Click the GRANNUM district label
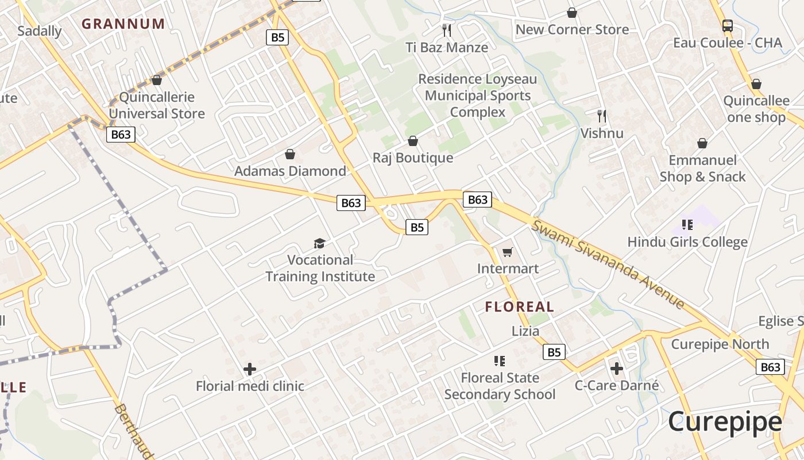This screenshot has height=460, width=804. point(123,24)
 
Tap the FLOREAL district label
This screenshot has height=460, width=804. point(520,306)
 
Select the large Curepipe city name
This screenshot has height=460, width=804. point(725,421)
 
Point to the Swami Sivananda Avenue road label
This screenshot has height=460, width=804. point(607,264)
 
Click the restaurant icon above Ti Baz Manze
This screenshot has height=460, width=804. point(447,30)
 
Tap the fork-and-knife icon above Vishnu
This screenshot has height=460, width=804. point(602,116)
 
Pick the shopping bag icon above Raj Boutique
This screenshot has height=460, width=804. point(412,141)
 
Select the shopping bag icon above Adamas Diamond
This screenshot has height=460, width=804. point(290,154)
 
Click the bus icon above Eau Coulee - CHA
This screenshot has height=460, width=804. point(727,26)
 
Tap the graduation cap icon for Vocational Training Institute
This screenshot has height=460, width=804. point(319,243)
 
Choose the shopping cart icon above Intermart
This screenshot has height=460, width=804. point(507,252)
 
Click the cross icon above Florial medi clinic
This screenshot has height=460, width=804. point(250,369)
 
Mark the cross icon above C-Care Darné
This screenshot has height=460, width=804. point(617,368)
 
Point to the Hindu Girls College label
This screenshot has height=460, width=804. point(687,242)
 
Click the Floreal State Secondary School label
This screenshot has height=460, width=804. point(500,386)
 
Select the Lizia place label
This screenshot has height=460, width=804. point(525,331)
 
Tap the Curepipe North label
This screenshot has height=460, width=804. point(720,344)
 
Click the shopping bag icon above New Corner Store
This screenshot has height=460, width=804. point(572,13)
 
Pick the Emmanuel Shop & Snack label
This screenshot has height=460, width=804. point(702,168)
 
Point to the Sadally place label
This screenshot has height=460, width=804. point(39,31)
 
